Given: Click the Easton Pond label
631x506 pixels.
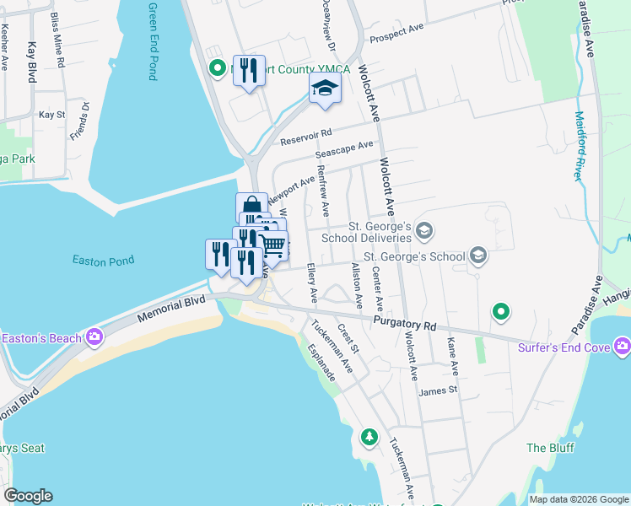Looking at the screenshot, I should (x=103, y=261).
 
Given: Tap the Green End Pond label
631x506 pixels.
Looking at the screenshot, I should (x=153, y=41).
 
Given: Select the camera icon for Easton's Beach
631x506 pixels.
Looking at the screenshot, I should (x=94, y=338).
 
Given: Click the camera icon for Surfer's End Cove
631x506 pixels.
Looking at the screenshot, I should (x=623, y=345).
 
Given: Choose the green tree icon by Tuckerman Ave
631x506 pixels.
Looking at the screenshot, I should (x=369, y=437).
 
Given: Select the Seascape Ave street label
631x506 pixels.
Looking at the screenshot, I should (x=344, y=150).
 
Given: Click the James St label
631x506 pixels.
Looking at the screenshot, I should (x=437, y=390).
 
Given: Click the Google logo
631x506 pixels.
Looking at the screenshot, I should (x=28, y=496).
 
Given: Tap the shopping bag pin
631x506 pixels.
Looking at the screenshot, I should (x=251, y=206).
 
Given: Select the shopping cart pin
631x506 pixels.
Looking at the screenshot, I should (x=272, y=245).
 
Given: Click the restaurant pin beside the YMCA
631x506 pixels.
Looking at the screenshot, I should (x=249, y=70).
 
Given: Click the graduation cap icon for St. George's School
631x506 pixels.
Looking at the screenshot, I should (x=478, y=255).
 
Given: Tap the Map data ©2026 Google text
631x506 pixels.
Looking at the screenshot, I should (x=578, y=499).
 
